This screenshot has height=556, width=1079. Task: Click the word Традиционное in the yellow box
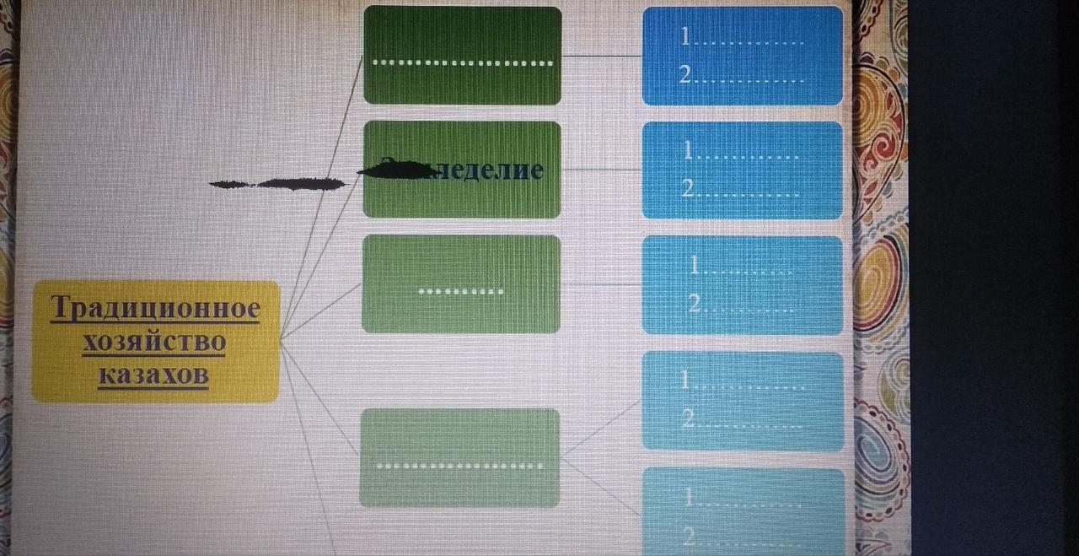point(156,309)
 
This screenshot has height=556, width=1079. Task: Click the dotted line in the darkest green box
point(462,62)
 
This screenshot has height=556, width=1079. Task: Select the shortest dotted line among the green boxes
point(461,292)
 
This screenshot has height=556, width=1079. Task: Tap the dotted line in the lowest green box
point(459,466)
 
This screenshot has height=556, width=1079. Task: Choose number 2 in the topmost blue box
point(685,76)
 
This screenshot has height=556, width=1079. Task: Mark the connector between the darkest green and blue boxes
point(602,56)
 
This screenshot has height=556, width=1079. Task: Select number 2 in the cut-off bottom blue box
point(690,535)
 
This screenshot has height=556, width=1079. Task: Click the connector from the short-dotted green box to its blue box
point(601,285)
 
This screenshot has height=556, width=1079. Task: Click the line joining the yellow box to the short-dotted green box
point(320,311)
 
